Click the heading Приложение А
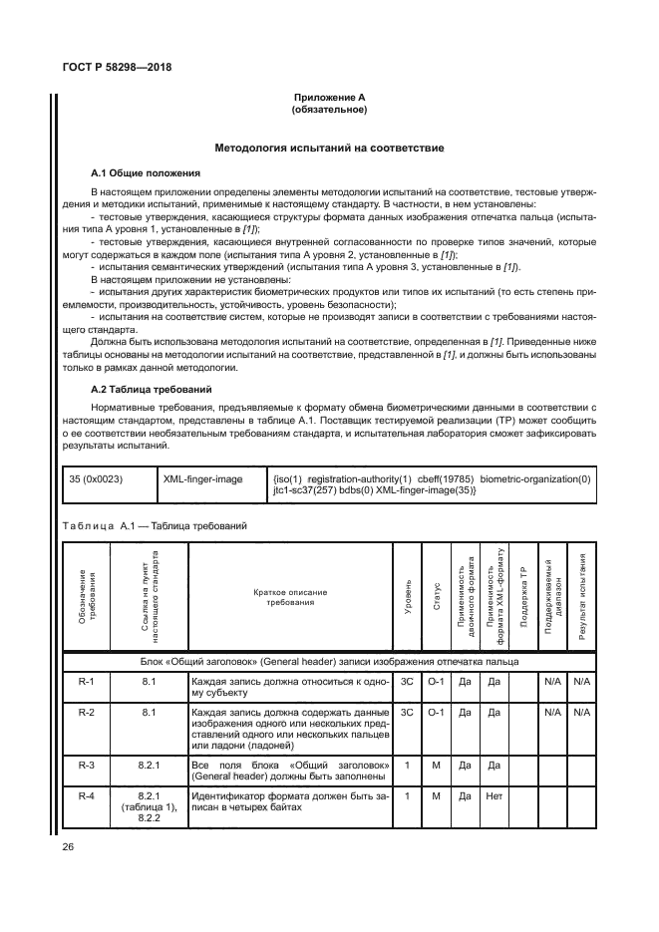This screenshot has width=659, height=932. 329,98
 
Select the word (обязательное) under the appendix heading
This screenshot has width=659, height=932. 329,109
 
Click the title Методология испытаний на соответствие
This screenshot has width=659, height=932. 329,149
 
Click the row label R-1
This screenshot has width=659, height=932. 86,681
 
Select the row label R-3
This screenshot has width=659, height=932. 86,765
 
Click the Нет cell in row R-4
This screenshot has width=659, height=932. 493,796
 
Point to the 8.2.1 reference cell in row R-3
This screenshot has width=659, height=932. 148,765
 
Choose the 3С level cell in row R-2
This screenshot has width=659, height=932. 407,713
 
